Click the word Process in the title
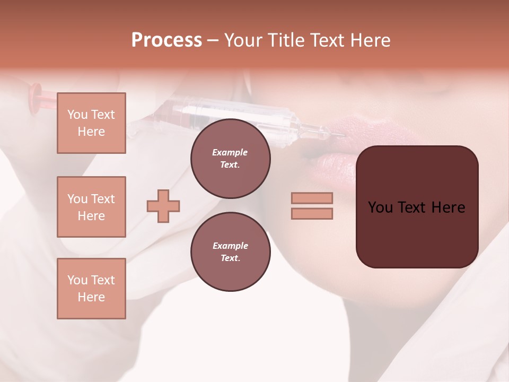click(x=166, y=40)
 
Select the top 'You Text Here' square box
click(x=91, y=123)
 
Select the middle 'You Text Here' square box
click(x=91, y=207)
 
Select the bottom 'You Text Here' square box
click(x=91, y=288)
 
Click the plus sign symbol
click(x=163, y=206)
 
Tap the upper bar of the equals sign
click(x=312, y=198)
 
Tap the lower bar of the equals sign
click(x=312, y=213)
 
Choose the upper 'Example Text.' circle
click(x=230, y=158)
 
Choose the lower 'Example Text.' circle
click(x=230, y=251)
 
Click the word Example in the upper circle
click(x=230, y=152)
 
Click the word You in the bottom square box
click(x=77, y=280)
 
